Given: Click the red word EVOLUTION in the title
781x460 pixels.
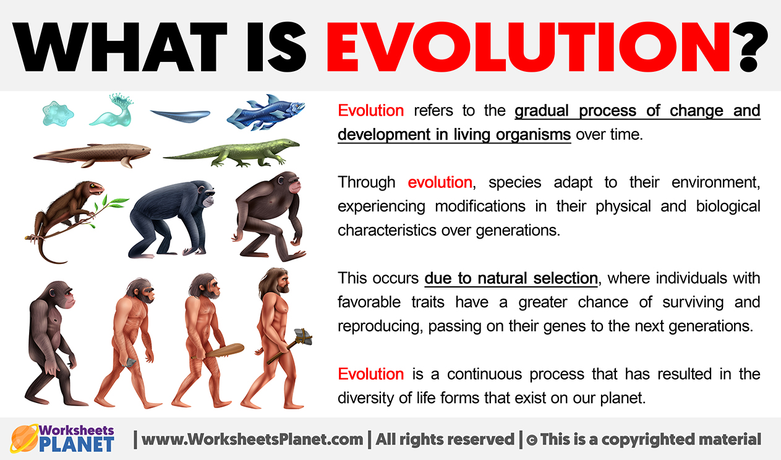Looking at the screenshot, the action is (x=528, y=46).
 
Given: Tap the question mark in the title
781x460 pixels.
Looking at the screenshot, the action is (x=750, y=46).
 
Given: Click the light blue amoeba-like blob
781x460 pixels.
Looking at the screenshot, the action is (x=58, y=114).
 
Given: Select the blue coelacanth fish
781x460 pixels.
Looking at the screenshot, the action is (x=266, y=112).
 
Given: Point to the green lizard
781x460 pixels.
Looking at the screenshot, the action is (x=231, y=152).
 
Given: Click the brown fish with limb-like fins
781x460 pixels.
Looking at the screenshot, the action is (x=92, y=155).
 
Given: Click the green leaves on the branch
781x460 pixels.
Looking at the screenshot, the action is (x=111, y=206).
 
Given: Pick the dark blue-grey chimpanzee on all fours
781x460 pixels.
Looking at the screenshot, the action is (x=171, y=219).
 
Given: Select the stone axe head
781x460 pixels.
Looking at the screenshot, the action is (x=302, y=336).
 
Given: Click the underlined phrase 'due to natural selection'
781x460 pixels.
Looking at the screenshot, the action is (x=511, y=278).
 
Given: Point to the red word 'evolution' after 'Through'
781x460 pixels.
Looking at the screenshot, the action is (x=440, y=182).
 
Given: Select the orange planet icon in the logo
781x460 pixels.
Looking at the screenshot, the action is (x=24, y=438).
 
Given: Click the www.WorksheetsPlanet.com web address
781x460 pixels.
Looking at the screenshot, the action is (x=252, y=440).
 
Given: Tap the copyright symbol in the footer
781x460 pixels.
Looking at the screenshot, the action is (x=532, y=440).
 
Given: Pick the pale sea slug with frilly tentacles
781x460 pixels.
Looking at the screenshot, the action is (x=113, y=109).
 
